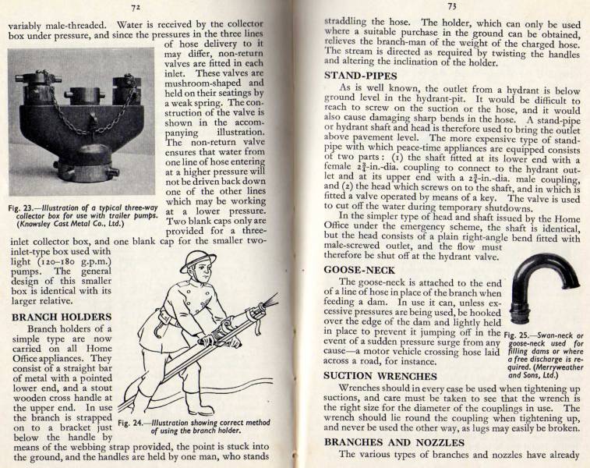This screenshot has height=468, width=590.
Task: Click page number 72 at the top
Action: click(x=135, y=8)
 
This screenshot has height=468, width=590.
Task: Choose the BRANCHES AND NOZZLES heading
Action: click(x=394, y=443)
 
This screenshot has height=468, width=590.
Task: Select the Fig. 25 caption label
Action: click(x=521, y=335)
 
